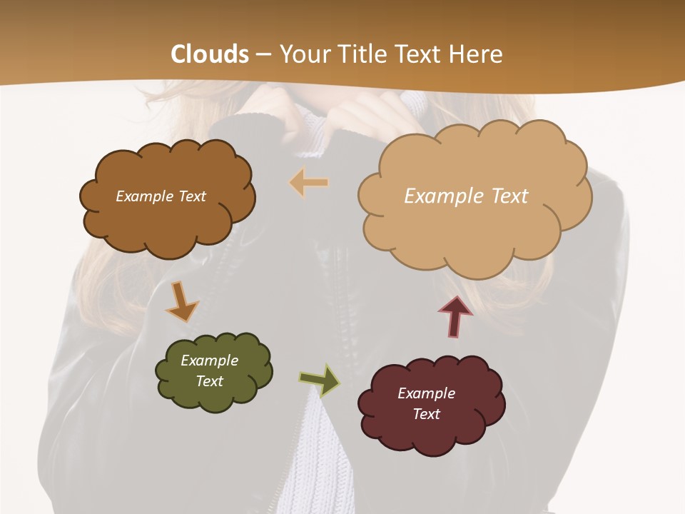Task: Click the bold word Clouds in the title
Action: (x=210, y=54)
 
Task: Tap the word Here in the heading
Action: (x=477, y=54)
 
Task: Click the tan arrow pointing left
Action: (x=309, y=183)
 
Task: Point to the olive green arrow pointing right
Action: (x=320, y=380)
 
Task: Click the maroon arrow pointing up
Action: (x=455, y=315)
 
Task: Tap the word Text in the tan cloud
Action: (x=509, y=196)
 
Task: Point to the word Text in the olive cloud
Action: (x=210, y=381)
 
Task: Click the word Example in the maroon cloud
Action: (x=426, y=393)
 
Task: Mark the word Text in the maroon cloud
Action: (x=426, y=414)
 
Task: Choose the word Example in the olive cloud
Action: (x=210, y=361)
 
